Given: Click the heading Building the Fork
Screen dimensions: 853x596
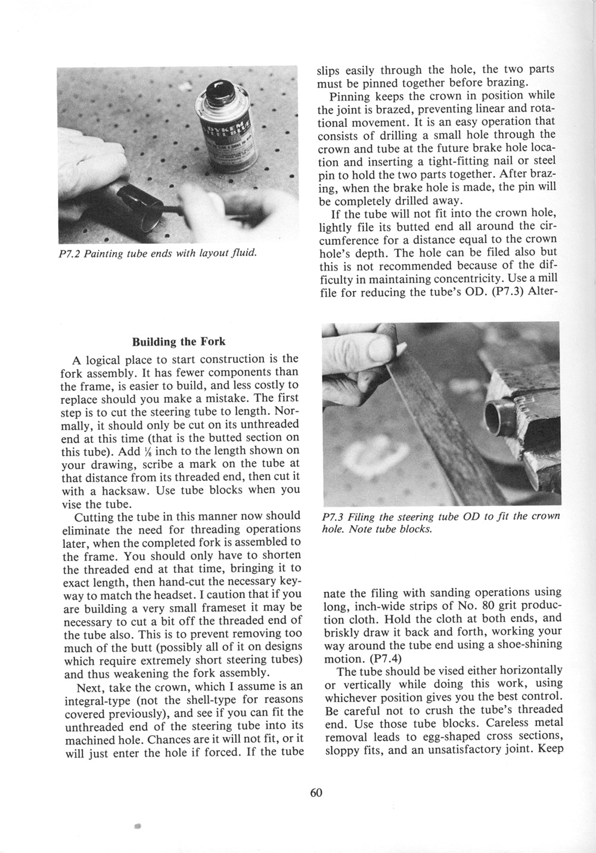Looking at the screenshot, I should coord(178,342).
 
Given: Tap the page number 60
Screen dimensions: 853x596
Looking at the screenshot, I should coord(316,792).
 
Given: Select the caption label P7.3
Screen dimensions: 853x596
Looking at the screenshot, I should coord(333,516).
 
